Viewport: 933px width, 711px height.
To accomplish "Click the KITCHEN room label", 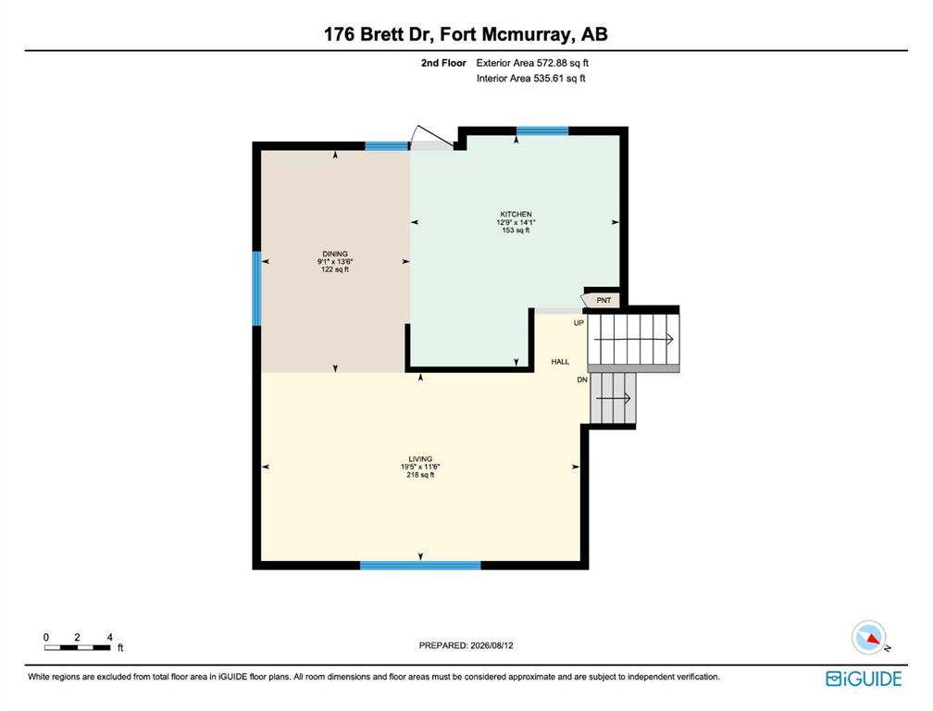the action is (x=516, y=214).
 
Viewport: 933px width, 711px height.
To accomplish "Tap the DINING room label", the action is (x=335, y=254).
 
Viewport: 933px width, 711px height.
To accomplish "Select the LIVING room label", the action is (x=420, y=459).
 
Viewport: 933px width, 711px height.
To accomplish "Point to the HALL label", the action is (x=560, y=362).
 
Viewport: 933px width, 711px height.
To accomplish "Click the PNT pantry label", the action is (x=603, y=301).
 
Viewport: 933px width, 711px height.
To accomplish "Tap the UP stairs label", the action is (x=578, y=323).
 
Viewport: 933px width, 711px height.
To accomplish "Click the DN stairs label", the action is (x=582, y=380).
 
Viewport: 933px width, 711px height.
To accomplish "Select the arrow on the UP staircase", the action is (x=634, y=339).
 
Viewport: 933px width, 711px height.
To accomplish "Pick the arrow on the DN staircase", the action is (x=613, y=398).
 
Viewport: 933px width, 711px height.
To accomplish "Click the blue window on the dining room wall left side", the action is (x=257, y=289).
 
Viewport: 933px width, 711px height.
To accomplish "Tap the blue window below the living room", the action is (x=420, y=566).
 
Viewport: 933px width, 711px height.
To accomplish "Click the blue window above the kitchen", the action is (x=542, y=131).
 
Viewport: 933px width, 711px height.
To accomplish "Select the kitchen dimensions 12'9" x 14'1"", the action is (x=516, y=222).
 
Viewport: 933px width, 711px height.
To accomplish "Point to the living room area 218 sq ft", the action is (x=420, y=475).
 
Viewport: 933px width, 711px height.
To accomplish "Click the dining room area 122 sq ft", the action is (x=335, y=269).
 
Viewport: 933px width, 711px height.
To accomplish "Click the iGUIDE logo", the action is (x=864, y=679).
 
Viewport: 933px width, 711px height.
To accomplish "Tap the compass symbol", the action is (x=869, y=638).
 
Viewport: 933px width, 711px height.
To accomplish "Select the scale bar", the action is (x=78, y=647).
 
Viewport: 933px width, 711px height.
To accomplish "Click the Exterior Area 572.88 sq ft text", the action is (x=532, y=62).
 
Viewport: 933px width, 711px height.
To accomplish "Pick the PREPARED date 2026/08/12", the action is (x=466, y=645).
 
